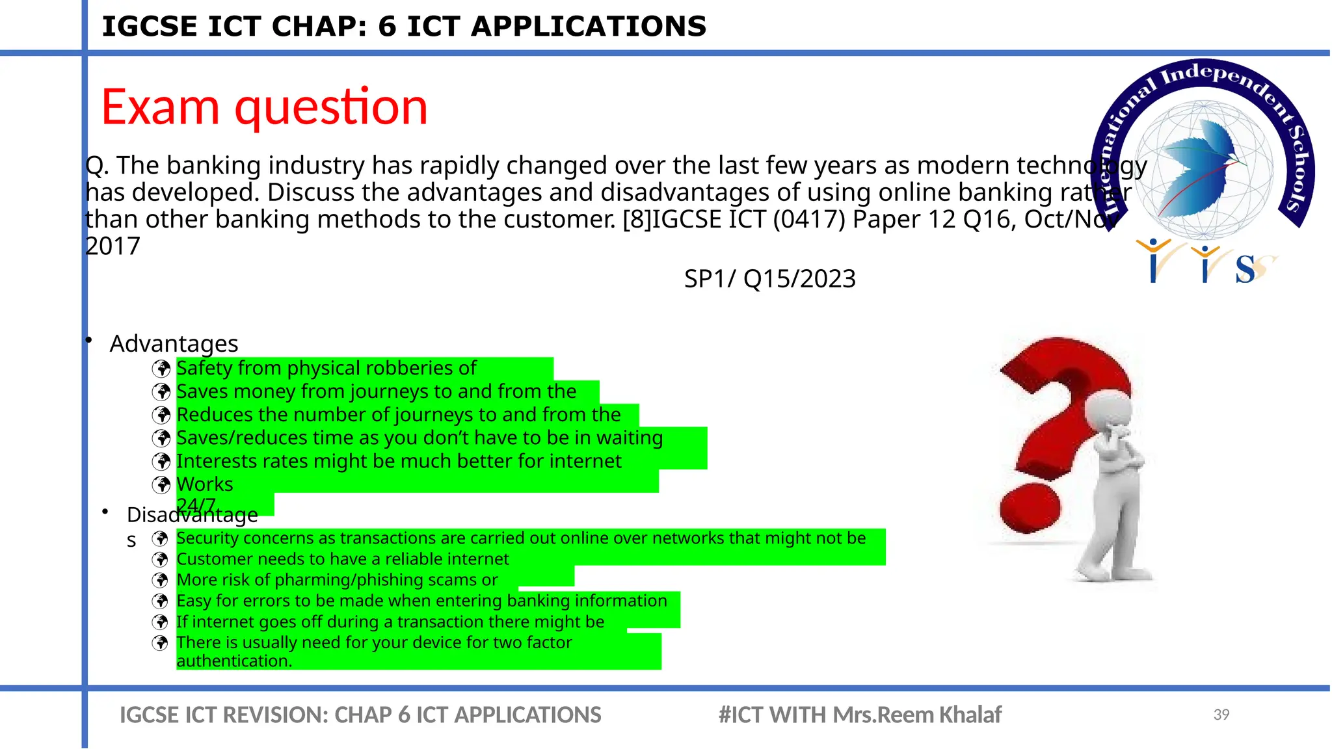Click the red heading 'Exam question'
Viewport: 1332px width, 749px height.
264,107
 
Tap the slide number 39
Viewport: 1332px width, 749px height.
1221,715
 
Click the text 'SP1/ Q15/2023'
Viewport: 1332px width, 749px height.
769,279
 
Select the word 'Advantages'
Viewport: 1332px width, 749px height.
174,343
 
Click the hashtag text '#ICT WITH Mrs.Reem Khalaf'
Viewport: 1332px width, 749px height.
859,715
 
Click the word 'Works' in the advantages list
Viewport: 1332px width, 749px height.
204,484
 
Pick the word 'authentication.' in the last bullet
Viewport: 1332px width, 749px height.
234,661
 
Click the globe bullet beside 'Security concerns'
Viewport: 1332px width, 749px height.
160,539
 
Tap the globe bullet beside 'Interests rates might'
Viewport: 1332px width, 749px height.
161,462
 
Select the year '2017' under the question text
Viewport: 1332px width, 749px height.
113,246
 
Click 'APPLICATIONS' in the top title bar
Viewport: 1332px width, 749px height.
588,27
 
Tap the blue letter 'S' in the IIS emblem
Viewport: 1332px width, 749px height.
1245,269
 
